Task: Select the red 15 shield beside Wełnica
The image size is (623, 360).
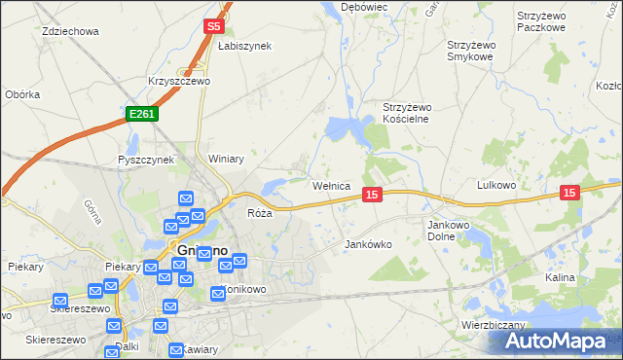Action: pyautogui.click(x=371, y=196)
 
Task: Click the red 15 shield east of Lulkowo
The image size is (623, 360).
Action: pyautogui.click(x=569, y=194)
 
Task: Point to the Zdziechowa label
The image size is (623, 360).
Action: pyautogui.click(x=71, y=31)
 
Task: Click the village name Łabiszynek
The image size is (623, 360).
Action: pyautogui.click(x=244, y=46)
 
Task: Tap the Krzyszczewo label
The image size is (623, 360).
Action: pyautogui.click(x=179, y=82)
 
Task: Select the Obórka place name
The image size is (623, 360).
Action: pyautogui.click(x=22, y=94)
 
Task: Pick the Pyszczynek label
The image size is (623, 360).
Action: pyautogui.click(x=145, y=160)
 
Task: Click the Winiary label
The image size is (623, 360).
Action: pyautogui.click(x=225, y=159)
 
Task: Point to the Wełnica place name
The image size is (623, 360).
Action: pyautogui.click(x=331, y=185)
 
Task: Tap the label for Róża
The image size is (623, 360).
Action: pyautogui.click(x=259, y=213)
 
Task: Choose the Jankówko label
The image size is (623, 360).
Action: pyautogui.click(x=368, y=245)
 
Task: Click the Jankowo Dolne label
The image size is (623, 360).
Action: pyautogui.click(x=449, y=230)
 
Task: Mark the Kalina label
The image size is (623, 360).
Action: pyautogui.click(x=561, y=277)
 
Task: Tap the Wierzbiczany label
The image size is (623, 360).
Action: pyautogui.click(x=495, y=325)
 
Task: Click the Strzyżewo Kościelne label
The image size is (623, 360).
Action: pyautogui.click(x=406, y=113)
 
